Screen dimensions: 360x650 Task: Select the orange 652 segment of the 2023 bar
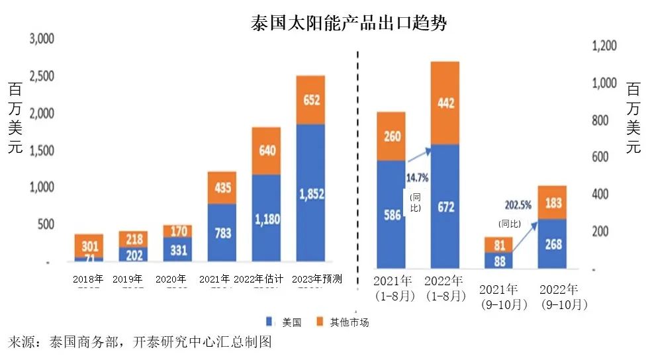pyautogui.click(x=310, y=100)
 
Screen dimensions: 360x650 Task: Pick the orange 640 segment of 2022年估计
pyautogui.click(x=266, y=150)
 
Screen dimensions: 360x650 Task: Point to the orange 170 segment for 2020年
pyautogui.click(x=177, y=232)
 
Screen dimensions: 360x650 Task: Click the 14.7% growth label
pyautogui.click(x=417, y=177)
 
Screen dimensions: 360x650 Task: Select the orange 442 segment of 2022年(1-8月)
pyautogui.click(x=445, y=103)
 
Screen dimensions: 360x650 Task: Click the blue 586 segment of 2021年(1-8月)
pyautogui.click(x=391, y=214)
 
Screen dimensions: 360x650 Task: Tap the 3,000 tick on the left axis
pyautogui.click(x=41, y=39)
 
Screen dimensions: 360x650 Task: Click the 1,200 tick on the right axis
pyautogui.click(x=603, y=46)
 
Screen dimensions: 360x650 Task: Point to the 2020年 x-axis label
pyautogui.click(x=171, y=279)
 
